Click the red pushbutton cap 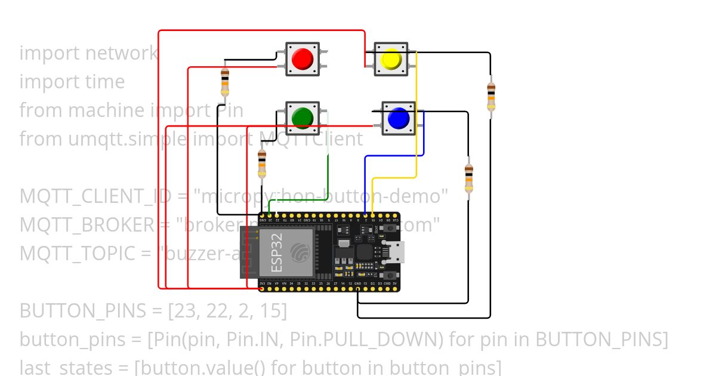tap(302, 58)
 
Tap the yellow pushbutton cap tap(391, 59)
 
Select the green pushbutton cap tap(302, 118)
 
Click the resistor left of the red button tap(224, 81)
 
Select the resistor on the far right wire tap(490, 96)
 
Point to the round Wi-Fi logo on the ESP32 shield tap(301, 252)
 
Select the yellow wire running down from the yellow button tap(416, 119)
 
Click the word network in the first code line tap(121, 53)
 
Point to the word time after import tap(104, 82)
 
